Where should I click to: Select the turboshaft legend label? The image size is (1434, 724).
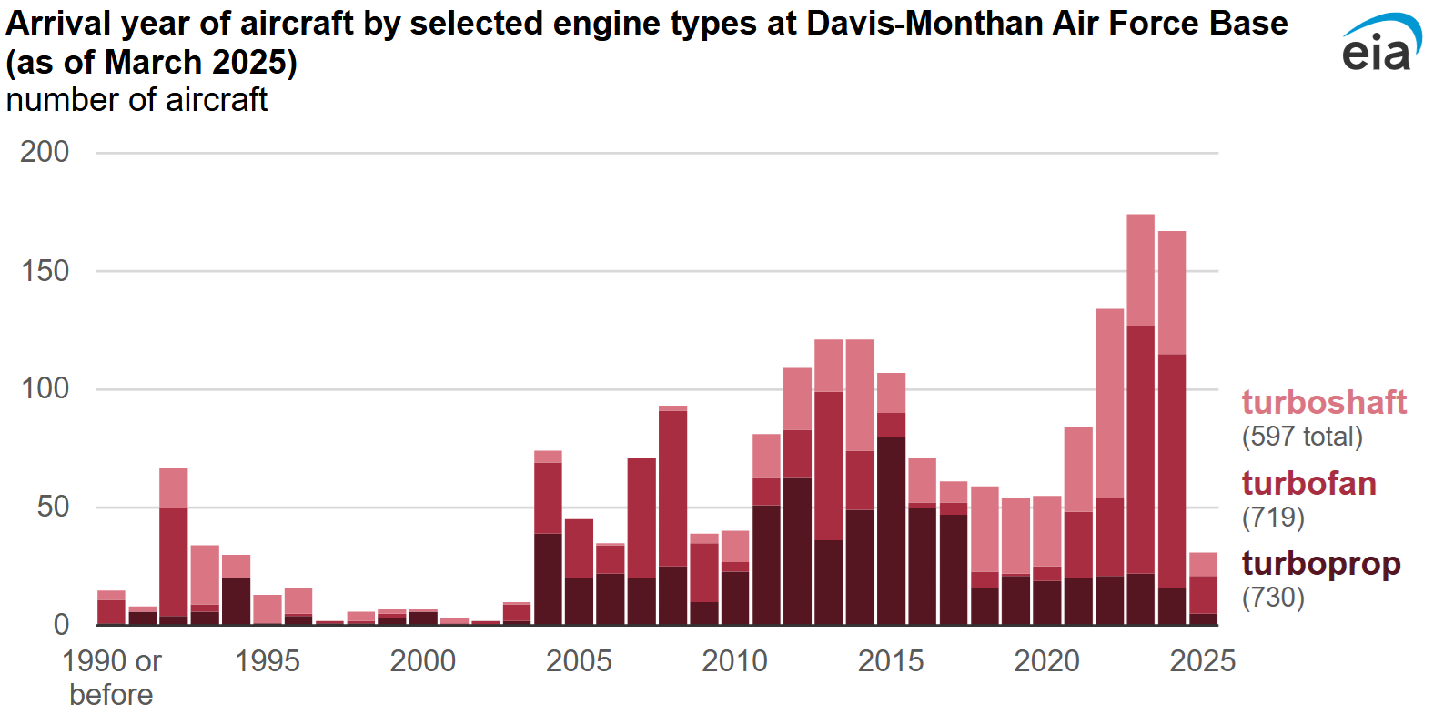pyautogui.click(x=1324, y=402)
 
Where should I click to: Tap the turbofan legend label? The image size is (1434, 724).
pyautogui.click(x=1308, y=483)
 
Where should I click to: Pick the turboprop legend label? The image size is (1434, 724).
pyautogui.click(x=1321, y=564)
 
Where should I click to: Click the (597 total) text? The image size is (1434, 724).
pyautogui.click(x=1302, y=437)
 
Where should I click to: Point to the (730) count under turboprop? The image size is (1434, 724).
pyautogui.click(x=1273, y=598)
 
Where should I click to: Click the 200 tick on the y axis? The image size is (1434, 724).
pyautogui.click(x=45, y=152)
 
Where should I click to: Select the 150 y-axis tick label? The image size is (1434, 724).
pyautogui.click(x=45, y=271)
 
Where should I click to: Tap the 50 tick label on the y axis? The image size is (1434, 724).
pyautogui.click(x=53, y=507)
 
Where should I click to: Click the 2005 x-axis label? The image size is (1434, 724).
pyautogui.click(x=579, y=661)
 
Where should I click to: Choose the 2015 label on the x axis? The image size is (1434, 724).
pyautogui.click(x=891, y=661)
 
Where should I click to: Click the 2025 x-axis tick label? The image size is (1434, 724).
pyautogui.click(x=1202, y=661)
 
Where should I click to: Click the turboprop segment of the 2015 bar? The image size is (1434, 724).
pyautogui.click(x=891, y=531)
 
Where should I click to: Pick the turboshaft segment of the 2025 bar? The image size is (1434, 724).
pyautogui.click(x=1203, y=564)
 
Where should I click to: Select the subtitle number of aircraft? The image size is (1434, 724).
pyautogui.click(x=136, y=100)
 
